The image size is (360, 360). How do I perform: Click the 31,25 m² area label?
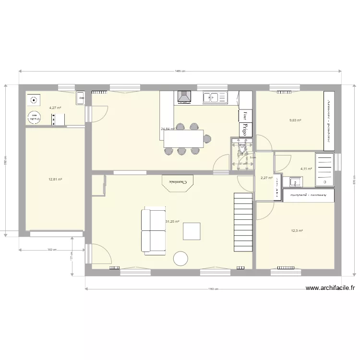172,222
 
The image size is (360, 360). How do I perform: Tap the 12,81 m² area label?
55,180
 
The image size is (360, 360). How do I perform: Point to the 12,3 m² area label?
297,231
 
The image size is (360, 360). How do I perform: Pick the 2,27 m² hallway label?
266,178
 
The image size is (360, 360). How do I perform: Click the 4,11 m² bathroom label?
306,169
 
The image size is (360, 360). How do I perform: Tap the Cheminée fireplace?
177,182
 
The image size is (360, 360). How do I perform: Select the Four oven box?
245,115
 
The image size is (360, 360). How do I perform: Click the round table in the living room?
181,259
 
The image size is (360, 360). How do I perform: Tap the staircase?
243,222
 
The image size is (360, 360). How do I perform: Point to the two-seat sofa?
153,230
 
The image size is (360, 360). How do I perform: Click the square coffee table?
192,231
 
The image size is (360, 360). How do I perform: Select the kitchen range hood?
184,97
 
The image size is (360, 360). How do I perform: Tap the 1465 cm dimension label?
180,71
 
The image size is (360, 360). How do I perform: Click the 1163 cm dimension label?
214,289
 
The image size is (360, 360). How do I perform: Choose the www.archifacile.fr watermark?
331,288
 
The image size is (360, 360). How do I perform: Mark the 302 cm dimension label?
52,250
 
